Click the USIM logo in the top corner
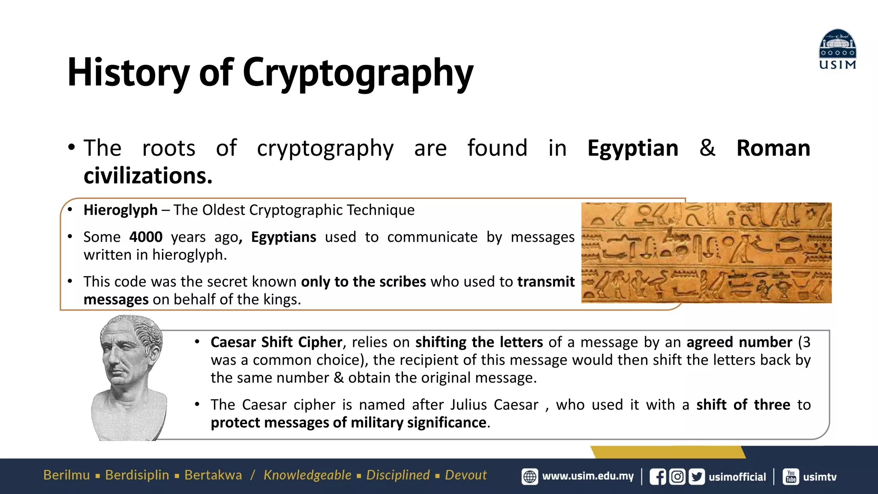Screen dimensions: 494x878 click(x=837, y=49)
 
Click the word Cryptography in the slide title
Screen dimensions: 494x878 click(x=358, y=73)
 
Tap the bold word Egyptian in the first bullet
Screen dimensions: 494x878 click(x=633, y=148)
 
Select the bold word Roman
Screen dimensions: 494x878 click(x=773, y=148)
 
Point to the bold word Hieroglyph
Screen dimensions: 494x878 click(x=120, y=210)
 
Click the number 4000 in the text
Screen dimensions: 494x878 click(x=146, y=237)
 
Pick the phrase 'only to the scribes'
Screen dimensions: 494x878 click(x=363, y=282)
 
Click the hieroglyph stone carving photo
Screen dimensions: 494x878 click(x=706, y=253)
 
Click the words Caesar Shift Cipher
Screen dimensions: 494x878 click(x=277, y=342)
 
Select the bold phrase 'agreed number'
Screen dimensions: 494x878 click(x=739, y=342)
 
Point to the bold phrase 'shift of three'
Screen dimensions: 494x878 click(x=743, y=405)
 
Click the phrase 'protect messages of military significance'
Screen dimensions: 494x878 click(x=349, y=423)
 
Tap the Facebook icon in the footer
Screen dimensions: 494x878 click(x=658, y=477)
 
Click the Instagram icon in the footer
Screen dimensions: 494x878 click(x=677, y=477)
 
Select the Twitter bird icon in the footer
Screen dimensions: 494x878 click(x=697, y=477)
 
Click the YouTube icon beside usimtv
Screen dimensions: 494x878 click(x=791, y=476)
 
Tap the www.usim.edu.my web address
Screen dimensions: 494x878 click(x=588, y=476)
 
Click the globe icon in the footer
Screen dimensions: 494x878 click(x=530, y=476)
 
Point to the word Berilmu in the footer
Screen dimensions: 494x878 click(x=66, y=475)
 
